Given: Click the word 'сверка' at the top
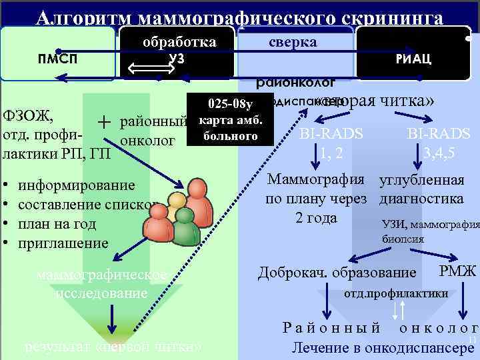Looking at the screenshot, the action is (293, 41).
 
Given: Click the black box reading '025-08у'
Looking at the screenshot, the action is (229, 104).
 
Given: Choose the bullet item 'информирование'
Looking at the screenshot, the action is (77, 186).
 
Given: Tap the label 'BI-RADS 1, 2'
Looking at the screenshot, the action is (331, 143).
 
